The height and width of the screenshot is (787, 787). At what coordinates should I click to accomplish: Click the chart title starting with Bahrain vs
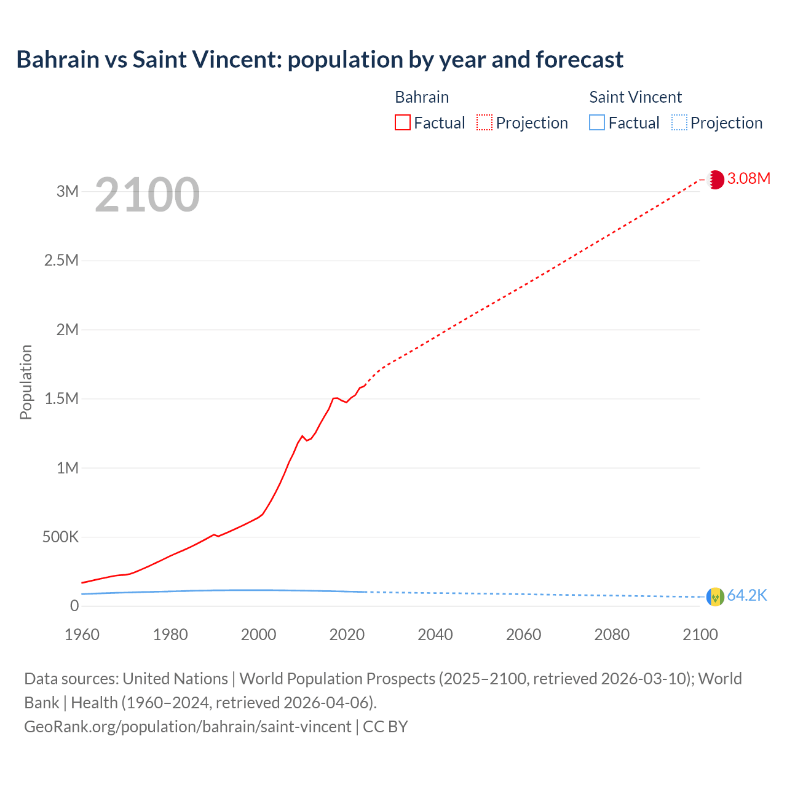pos(320,60)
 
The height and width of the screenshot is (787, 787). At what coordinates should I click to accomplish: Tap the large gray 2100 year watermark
pos(148,195)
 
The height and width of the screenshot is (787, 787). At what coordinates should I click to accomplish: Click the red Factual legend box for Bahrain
pos(402,122)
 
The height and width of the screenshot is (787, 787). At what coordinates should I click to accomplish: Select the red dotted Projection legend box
pos(484,122)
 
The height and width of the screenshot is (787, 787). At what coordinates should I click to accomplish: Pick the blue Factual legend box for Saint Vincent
pos(597,122)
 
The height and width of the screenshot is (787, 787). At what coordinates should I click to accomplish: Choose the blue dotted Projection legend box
pos(679,122)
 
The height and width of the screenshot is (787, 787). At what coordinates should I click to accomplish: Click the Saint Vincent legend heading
pos(635,97)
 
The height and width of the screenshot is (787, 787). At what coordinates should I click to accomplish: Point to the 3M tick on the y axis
pos(68,191)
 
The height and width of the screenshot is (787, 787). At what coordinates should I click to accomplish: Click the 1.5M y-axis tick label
pos(61,398)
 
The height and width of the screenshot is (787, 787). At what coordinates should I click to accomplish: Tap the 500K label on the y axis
pos(61,537)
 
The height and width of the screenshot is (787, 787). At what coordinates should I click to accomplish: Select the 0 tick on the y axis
pos(74,606)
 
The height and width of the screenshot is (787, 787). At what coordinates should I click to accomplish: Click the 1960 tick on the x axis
pos(82,635)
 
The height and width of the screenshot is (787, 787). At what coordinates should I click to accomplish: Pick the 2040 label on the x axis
pos(435,635)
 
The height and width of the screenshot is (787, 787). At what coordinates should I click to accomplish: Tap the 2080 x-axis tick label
pos(612,635)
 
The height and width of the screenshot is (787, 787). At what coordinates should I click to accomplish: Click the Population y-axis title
pos(26,382)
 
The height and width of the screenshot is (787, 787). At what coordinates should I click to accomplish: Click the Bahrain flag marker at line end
pos(715,180)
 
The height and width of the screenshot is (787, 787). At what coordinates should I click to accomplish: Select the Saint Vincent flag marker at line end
pos(715,596)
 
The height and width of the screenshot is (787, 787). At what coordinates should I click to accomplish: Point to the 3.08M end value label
pos(748,179)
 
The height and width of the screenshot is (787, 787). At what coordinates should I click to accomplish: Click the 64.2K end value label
pos(747,596)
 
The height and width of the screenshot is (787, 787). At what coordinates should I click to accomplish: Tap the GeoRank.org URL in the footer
pos(188,727)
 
